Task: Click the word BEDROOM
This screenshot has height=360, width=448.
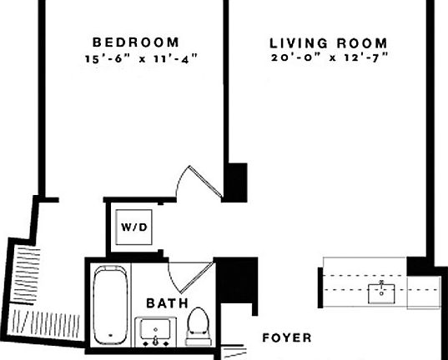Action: (135, 42)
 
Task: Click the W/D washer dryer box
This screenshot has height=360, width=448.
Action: (132, 225)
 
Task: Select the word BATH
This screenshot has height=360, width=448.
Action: (168, 303)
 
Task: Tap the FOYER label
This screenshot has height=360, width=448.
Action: (286, 338)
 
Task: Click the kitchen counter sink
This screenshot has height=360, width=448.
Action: (383, 292)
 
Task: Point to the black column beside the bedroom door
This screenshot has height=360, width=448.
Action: (237, 182)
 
